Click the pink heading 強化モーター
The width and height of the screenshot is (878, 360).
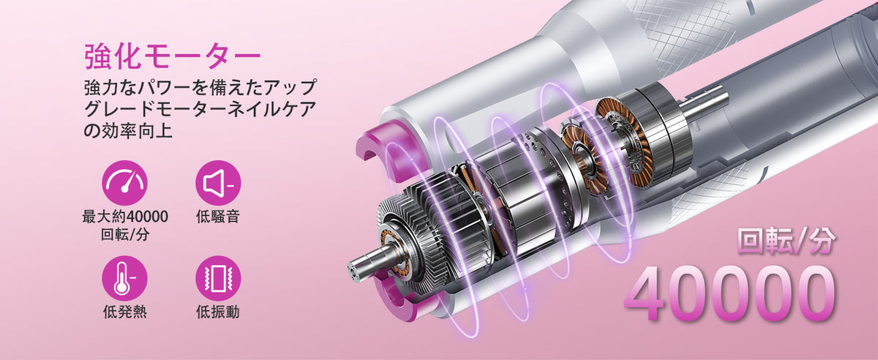tap(172, 57)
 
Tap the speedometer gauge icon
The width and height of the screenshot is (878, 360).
tap(124, 183)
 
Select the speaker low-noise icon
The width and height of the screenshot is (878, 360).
tap(218, 183)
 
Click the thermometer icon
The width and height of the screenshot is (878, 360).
tap(124, 278)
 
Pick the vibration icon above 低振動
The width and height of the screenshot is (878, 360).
tap(218, 278)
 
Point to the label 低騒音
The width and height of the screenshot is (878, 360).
tap(218, 217)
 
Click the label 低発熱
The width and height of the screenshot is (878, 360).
tap(124, 312)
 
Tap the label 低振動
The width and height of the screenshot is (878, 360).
tap(218, 312)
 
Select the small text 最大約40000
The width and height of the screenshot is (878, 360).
tap(125, 217)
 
